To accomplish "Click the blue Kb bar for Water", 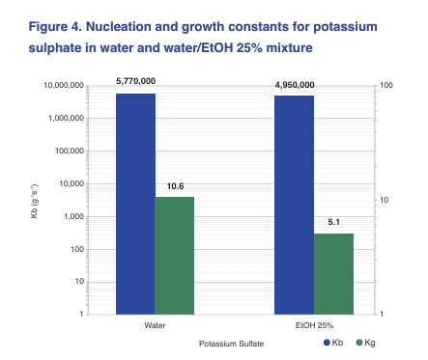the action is tap(135, 204).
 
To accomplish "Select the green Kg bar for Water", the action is tap(175, 256).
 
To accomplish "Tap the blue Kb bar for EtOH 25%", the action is tap(294, 205).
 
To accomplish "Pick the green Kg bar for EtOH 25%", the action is tap(333, 274).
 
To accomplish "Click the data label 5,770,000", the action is tap(136, 81).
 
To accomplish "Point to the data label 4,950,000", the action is tap(295, 85).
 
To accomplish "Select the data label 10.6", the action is tap(175, 186).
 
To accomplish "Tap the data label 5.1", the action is tap(334, 222).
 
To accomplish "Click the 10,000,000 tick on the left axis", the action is tap(64, 86).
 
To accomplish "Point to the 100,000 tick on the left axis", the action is tap(70, 151).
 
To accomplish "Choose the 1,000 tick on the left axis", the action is tap(73, 216).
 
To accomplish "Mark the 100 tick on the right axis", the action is tap(386, 85).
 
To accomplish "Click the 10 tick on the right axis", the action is tap(385, 200).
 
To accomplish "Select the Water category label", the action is tap(155, 325).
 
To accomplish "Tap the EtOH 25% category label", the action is tap(314, 325).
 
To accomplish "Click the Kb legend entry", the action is tap(333, 343).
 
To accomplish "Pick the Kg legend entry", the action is tap(366, 343).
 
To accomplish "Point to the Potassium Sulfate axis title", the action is tap(231, 344).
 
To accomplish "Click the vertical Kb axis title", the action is tap(34, 201).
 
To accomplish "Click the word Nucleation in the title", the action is tap(119, 27).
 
